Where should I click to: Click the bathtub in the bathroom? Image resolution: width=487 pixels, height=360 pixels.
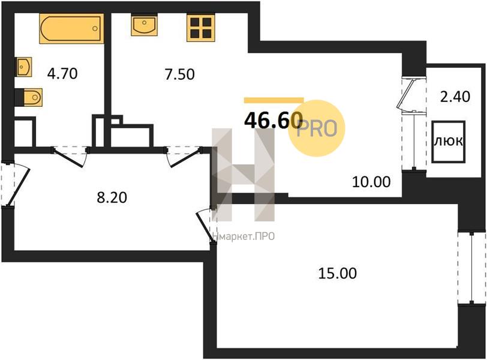pos(71,28)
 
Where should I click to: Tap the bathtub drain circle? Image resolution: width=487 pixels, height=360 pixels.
pos(95,29)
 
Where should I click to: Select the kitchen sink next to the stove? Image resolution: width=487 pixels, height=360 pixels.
pos(144,25)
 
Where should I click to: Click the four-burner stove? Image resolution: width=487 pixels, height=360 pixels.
pos(201,28)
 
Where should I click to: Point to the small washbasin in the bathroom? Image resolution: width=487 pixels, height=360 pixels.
pos(23,67)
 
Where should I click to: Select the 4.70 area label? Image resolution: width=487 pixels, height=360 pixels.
pos(62,74)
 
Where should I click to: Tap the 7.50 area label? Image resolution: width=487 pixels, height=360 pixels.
pos(180,74)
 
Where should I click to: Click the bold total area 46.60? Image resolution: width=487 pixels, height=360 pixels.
pos(273,120)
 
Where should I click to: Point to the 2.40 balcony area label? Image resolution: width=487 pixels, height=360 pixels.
pos(455,97)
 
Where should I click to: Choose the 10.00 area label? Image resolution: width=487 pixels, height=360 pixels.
pos(371,182)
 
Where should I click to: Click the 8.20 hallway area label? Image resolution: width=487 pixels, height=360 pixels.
pos(112,197)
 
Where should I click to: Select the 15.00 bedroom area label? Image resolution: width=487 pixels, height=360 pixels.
pos(337,274)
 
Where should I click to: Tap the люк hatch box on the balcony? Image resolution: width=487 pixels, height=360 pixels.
pos(448,142)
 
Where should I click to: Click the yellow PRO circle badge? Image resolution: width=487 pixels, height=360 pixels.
pos(317,128)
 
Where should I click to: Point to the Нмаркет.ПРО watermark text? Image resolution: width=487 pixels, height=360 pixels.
pos(243,236)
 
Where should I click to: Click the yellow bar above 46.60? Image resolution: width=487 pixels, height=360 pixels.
pos(273,100)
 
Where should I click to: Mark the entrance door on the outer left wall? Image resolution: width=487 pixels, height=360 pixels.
pos(14,183)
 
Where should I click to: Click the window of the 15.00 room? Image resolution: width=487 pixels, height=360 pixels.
pos(472,268)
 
